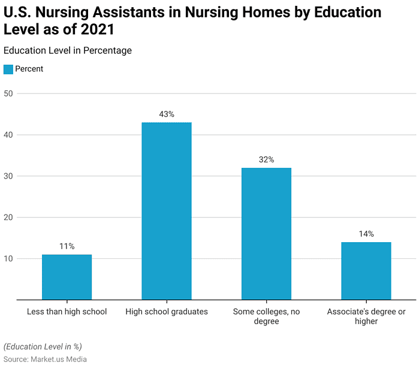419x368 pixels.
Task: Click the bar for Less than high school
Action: click(x=67, y=277)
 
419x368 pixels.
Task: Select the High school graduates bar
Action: click(x=167, y=211)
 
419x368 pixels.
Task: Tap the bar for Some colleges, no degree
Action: click(x=266, y=234)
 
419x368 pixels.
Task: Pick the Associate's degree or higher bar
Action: click(x=366, y=271)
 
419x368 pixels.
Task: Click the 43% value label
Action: click(x=167, y=114)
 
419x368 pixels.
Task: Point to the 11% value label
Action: click(x=67, y=246)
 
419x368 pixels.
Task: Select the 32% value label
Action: click(x=266, y=160)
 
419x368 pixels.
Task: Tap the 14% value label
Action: click(x=366, y=234)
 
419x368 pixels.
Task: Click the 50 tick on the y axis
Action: click(x=8, y=93)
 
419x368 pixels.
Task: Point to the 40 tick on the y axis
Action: click(x=8, y=135)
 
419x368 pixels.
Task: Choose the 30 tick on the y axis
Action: click(x=8, y=176)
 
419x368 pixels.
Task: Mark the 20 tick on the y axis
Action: click(x=8, y=218)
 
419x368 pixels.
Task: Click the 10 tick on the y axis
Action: click(x=8, y=259)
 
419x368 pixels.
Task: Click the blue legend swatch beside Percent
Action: click(x=8, y=69)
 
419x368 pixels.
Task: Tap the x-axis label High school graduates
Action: click(x=167, y=312)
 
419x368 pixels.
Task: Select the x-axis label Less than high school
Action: click(x=67, y=312)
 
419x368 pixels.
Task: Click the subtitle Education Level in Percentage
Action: click(x=67, y=51)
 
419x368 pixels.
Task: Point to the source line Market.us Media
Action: click(x=45, y=359)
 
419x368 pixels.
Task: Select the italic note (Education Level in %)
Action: click(x=43, y=346)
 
